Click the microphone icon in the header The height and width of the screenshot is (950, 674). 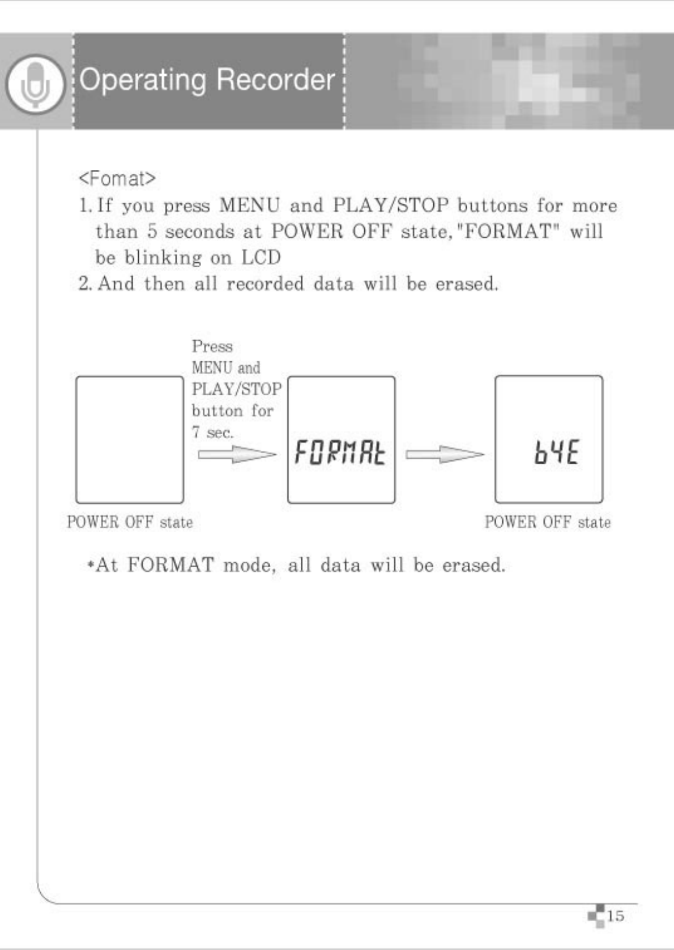[35, 83]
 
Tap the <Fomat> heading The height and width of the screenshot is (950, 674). [117, 178]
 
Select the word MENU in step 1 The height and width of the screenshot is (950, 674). [249, 205]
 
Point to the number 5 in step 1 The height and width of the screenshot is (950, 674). [152, 232]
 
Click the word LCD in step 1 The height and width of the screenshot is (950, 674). [261, 258]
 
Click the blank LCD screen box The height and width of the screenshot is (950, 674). [130, 439]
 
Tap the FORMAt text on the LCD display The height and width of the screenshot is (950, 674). [340, 453]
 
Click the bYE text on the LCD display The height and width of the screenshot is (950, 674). [556, 453]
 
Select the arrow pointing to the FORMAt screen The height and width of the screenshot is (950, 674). [236, 454]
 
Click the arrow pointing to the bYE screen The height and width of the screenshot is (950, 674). [445, 454]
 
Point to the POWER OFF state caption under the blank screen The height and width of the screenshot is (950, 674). [130, 522]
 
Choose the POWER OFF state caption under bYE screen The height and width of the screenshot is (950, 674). [548, 522]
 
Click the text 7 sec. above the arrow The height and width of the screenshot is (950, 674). [212, 433]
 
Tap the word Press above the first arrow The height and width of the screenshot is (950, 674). [212, 346]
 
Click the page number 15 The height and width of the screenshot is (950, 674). [615, 915]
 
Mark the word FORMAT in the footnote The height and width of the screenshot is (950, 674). [170, 565]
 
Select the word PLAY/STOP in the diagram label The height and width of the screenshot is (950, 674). [236, 390]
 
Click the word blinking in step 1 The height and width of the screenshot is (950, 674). [163, 258]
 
